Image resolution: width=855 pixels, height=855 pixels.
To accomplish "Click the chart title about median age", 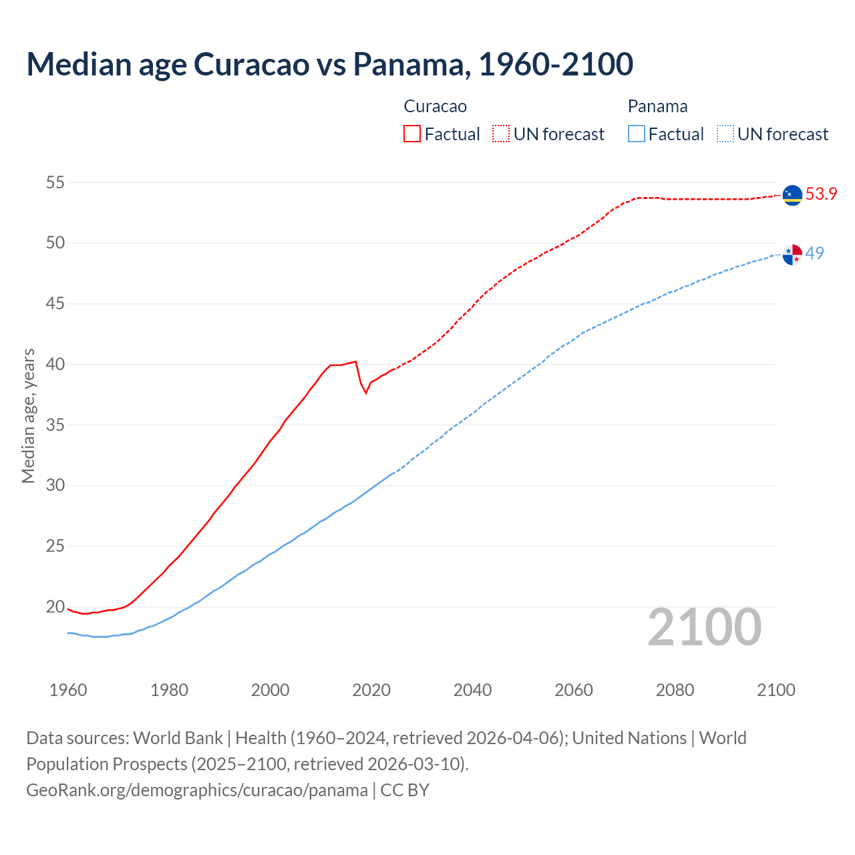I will [329, 64].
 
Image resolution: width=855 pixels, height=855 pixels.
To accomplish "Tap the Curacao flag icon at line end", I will [792, 195].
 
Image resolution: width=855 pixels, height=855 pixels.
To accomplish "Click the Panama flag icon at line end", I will [792, 254].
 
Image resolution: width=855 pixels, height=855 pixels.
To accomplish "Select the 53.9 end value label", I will [821, 194].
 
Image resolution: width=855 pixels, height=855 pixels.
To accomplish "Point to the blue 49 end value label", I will [814, 254].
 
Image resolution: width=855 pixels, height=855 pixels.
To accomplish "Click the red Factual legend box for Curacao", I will [412, 134].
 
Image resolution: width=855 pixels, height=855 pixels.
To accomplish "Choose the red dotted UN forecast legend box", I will [501, 134].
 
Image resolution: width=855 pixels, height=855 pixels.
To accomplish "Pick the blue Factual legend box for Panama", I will [637, 134].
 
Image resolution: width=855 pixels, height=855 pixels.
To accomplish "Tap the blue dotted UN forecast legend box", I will [725, 134].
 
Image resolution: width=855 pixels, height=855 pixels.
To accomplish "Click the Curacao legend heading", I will [435, 107].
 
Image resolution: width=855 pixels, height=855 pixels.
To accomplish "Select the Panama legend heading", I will [657, 107].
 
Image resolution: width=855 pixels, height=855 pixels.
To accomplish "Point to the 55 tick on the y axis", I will [55, 182].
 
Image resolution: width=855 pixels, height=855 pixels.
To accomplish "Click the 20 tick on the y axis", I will [55, 607].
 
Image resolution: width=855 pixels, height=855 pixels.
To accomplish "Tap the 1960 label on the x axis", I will [68, 690].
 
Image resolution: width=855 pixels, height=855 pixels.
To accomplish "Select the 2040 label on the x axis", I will [472, 690].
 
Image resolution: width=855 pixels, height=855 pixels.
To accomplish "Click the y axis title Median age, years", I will [28, 415].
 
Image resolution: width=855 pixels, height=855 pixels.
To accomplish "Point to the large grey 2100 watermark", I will [704, 627].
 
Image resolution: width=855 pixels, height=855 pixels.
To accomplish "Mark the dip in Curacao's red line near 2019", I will [366, 392].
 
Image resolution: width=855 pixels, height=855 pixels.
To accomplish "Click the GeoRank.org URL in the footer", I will [197, 790].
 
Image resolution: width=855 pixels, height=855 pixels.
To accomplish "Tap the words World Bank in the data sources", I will [178, 738].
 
